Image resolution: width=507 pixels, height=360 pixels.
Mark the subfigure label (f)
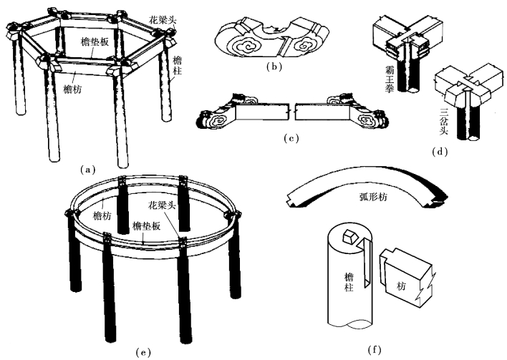point(372,351)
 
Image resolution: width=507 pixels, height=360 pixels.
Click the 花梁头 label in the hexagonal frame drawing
point(169,15)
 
